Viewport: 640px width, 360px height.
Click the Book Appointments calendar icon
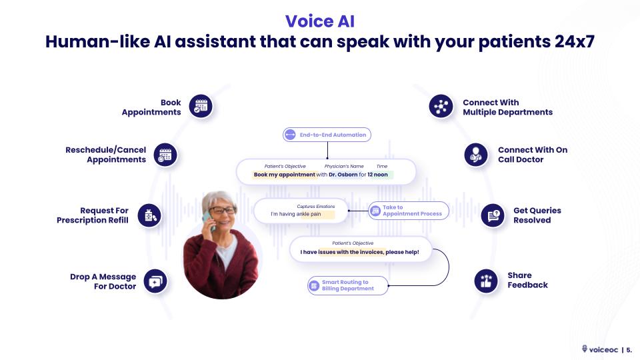201,106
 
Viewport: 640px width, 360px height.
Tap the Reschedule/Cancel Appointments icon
165,155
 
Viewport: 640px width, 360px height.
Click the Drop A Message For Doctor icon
155,281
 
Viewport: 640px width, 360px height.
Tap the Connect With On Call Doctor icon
475,155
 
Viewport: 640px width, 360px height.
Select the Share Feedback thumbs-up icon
486,281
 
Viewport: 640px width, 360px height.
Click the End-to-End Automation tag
327,135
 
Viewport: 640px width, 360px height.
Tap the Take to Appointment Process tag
408,211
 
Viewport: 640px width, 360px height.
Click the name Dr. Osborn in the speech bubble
343,175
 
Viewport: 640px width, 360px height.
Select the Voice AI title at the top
319,21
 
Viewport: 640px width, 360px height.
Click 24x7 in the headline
572,41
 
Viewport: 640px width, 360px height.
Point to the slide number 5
629,349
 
